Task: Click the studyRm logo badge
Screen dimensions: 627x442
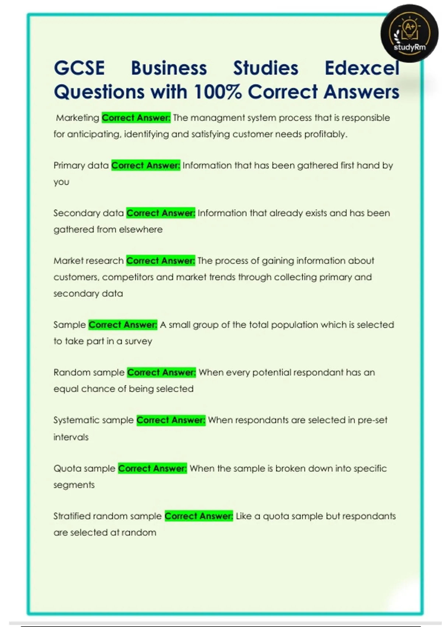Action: [x=410, y=34]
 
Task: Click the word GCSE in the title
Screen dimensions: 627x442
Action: [x=79, y=68]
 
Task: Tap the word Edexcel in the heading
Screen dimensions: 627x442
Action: [x=362, y=68]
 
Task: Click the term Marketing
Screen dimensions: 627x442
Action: [x=77, y=118]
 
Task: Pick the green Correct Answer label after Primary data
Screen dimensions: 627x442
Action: [x=146, y=166]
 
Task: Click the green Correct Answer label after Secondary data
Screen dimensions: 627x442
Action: [x=161, y=213]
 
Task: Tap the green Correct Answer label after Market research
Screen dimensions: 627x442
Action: [x=160, y=261]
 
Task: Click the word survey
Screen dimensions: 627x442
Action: [x=138, y=341]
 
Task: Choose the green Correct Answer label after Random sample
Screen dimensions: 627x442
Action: [x=161, y=373]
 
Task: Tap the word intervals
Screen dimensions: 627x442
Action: [x=71, y=437]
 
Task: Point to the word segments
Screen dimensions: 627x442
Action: [x=74, y=485]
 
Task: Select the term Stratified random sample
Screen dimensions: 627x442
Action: [x=108, y=516]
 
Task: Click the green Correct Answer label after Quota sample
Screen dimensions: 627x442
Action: [x=152, y=468]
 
